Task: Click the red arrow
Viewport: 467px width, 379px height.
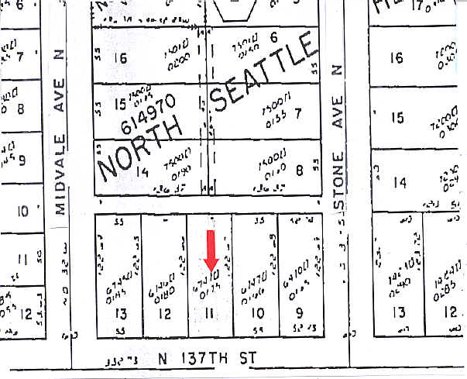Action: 211,249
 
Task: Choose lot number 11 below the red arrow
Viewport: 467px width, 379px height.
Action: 211,313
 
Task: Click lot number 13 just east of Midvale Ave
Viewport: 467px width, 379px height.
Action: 119,313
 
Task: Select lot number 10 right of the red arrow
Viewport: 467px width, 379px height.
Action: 259,313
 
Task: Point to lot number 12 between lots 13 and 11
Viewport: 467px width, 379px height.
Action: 164,313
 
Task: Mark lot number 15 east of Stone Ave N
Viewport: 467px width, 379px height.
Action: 398,118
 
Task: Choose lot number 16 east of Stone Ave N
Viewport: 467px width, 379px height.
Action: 398,58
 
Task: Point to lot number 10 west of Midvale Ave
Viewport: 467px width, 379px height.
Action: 22,211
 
